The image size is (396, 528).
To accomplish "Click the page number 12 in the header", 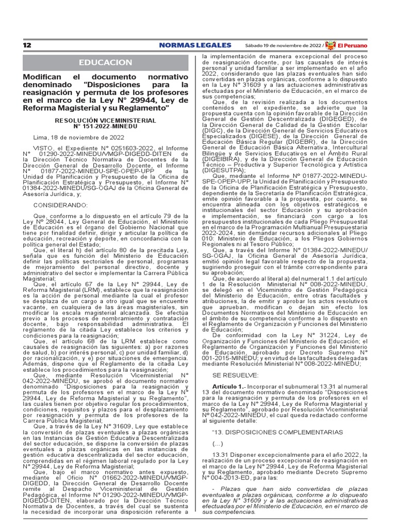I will pyautogui.click(x=27, y=45).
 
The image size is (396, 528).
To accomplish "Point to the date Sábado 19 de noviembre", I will pyautogui.click(x=282, y=45).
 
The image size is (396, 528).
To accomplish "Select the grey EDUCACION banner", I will pyautogui.click(x=105, y=62).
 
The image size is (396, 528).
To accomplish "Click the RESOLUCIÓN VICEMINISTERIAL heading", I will pyautogui.click(x=105, y=120).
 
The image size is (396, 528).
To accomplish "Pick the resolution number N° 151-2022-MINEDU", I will pyautogui.click(x=105, y=126).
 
